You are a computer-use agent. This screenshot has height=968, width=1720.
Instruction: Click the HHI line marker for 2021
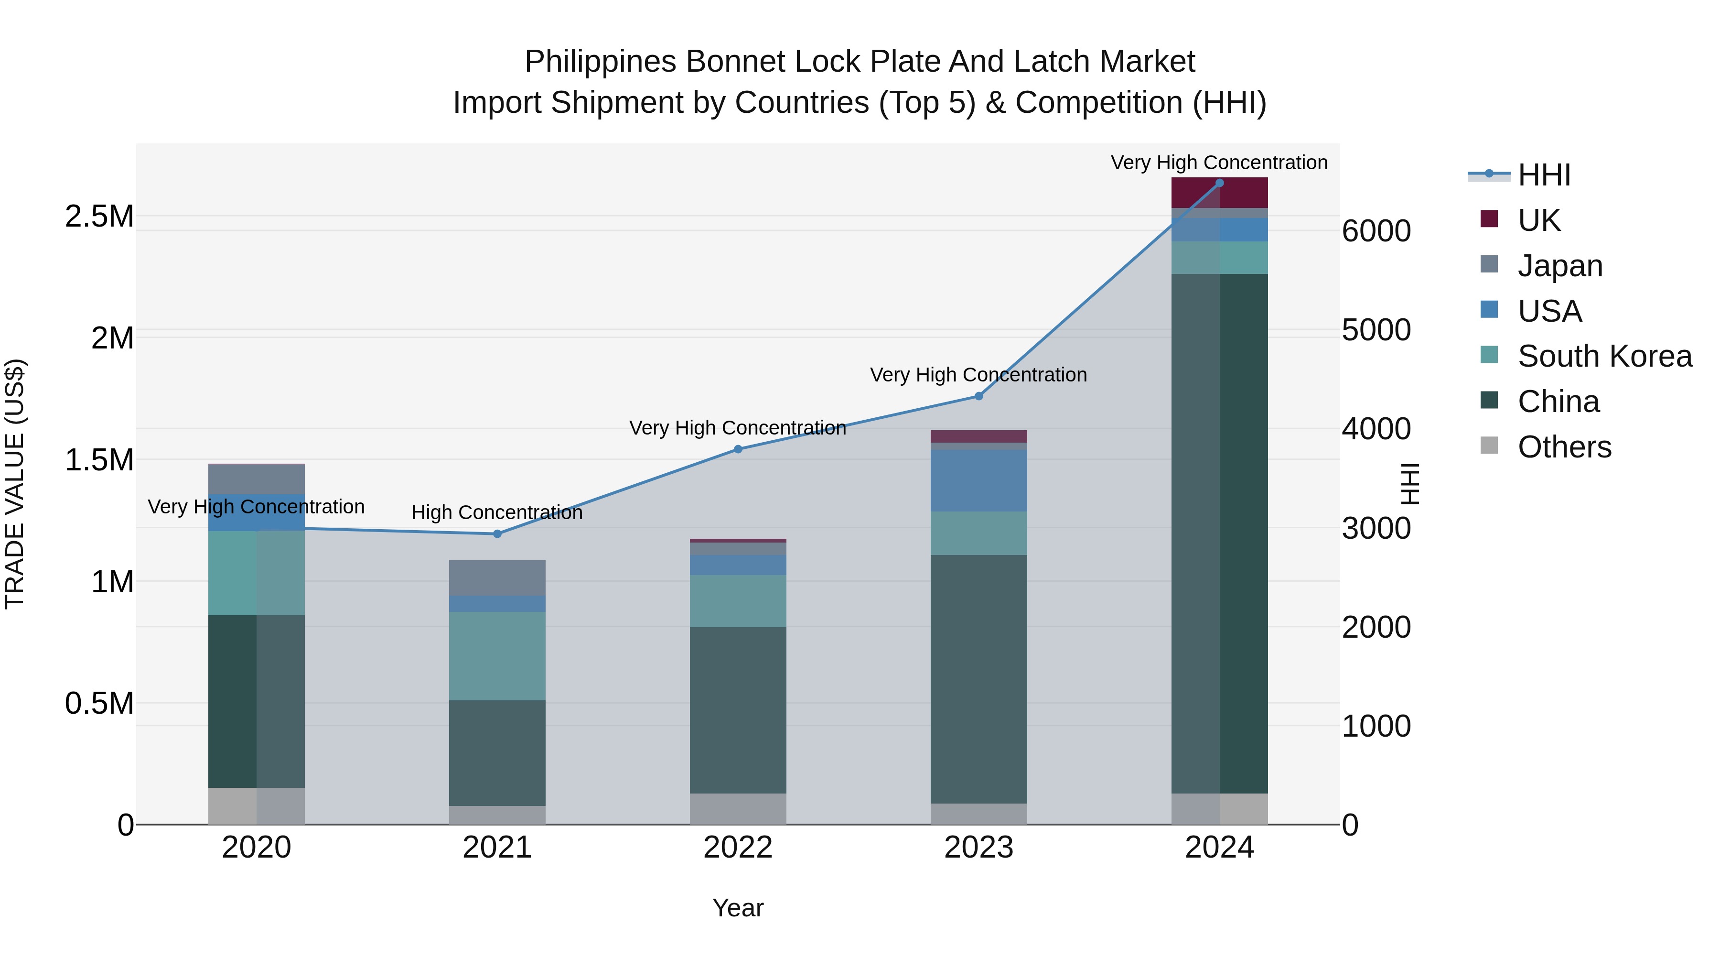point(497,534)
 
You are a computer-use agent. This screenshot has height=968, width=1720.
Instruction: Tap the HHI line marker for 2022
point(738,449)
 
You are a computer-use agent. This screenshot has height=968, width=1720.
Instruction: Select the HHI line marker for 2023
point(979,396)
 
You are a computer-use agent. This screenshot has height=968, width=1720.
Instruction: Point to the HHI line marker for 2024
point(1219,183)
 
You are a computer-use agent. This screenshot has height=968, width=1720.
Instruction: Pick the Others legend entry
point(1564,447)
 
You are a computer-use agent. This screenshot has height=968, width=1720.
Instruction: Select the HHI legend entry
point(1543,175)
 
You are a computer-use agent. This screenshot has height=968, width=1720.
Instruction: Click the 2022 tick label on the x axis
point(738,848)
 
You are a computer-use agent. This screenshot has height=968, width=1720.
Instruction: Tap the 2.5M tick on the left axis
point(99,217)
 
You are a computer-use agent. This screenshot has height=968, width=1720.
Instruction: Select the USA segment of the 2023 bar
point(979,480)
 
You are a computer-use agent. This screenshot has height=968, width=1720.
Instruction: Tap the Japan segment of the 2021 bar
point(497,578)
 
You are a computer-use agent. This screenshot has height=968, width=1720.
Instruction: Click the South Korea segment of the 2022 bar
point(738,600)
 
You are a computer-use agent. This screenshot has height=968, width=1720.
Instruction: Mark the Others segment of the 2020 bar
point(257,805)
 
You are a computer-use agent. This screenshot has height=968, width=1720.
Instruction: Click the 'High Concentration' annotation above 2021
point(497,512)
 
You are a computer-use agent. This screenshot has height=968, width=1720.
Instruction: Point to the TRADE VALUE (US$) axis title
point(15,484)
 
